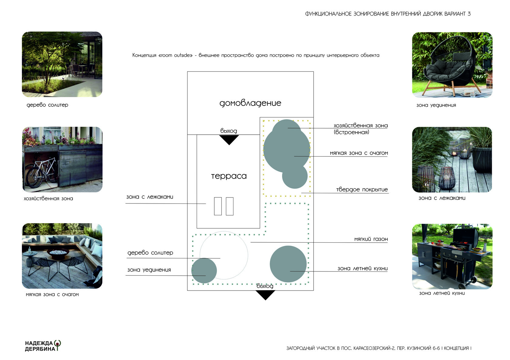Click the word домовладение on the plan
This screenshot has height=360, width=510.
250,103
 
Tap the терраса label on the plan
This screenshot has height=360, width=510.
229,176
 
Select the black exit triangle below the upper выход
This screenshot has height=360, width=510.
229,140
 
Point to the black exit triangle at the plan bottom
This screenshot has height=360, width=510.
265,294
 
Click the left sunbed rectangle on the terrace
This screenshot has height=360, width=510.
218,206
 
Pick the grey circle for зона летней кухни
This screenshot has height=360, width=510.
288,264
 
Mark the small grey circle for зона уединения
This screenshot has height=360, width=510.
204,271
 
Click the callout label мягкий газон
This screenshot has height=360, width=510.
371,239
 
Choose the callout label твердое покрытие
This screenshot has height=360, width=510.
362,190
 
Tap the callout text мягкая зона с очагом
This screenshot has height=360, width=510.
359,153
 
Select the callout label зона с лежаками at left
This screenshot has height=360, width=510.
150,197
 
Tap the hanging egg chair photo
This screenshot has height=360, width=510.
452,65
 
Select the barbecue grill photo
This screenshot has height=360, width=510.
452,256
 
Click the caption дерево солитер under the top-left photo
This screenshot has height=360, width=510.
47,105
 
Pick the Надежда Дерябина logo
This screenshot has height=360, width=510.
43,346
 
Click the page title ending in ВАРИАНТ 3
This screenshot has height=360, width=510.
388,14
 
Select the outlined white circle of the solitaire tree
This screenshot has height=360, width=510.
224,255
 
